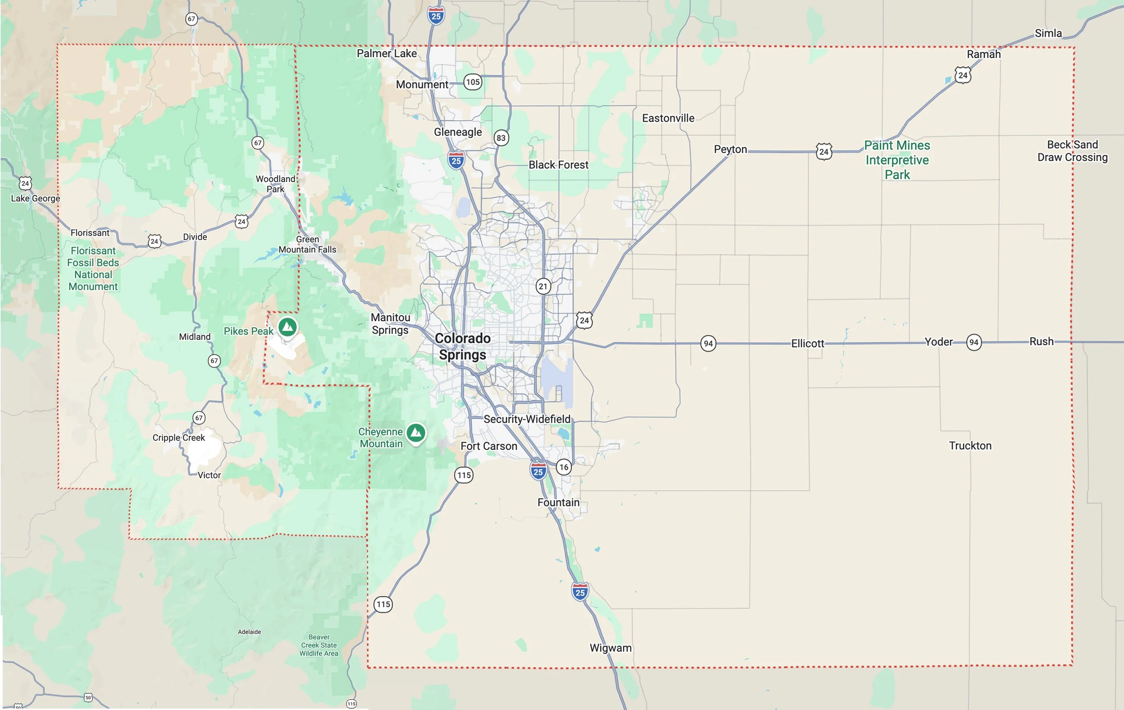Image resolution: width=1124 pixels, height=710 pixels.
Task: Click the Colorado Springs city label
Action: [x=462, y=346]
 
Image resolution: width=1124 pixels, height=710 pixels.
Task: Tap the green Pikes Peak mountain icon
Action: [x=288, y=326]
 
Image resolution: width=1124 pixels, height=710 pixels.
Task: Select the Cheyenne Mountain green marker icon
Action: [x=415, y=433]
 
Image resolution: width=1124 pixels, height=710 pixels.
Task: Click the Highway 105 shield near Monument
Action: [x=473, y=82]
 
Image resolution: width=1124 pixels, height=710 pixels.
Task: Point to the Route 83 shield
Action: [x=501, y=138]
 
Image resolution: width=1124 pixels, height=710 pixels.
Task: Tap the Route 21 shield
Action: [x=542, y=286]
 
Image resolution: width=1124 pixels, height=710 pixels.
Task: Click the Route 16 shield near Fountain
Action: [x=564, y=467]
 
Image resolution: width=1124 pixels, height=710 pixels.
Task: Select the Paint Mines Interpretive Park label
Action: [x=897, y=160]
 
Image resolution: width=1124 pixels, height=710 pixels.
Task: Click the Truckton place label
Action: [x=970, y=445]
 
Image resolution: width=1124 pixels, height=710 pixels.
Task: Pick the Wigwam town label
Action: [x=610, y=647]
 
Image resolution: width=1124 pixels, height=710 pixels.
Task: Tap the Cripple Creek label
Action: [x=178, y=438]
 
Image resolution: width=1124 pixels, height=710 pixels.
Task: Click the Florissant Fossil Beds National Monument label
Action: [x=93, y=268]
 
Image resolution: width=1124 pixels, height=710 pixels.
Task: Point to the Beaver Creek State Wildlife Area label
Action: [x=319, y=645]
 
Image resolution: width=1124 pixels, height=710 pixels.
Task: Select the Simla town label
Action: [x=1048, y=33]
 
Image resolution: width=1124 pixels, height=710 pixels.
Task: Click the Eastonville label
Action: [x=668, y=118]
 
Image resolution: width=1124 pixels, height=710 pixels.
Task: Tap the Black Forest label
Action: [x=558, y=165]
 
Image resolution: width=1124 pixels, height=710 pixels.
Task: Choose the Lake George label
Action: [x=36, y=198]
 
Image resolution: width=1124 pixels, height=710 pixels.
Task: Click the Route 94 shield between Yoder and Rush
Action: [x=974, y=342]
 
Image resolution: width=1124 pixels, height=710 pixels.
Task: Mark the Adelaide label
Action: [x=249, y=632]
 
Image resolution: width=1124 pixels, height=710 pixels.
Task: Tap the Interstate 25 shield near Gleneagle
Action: [x=456, y=161]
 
